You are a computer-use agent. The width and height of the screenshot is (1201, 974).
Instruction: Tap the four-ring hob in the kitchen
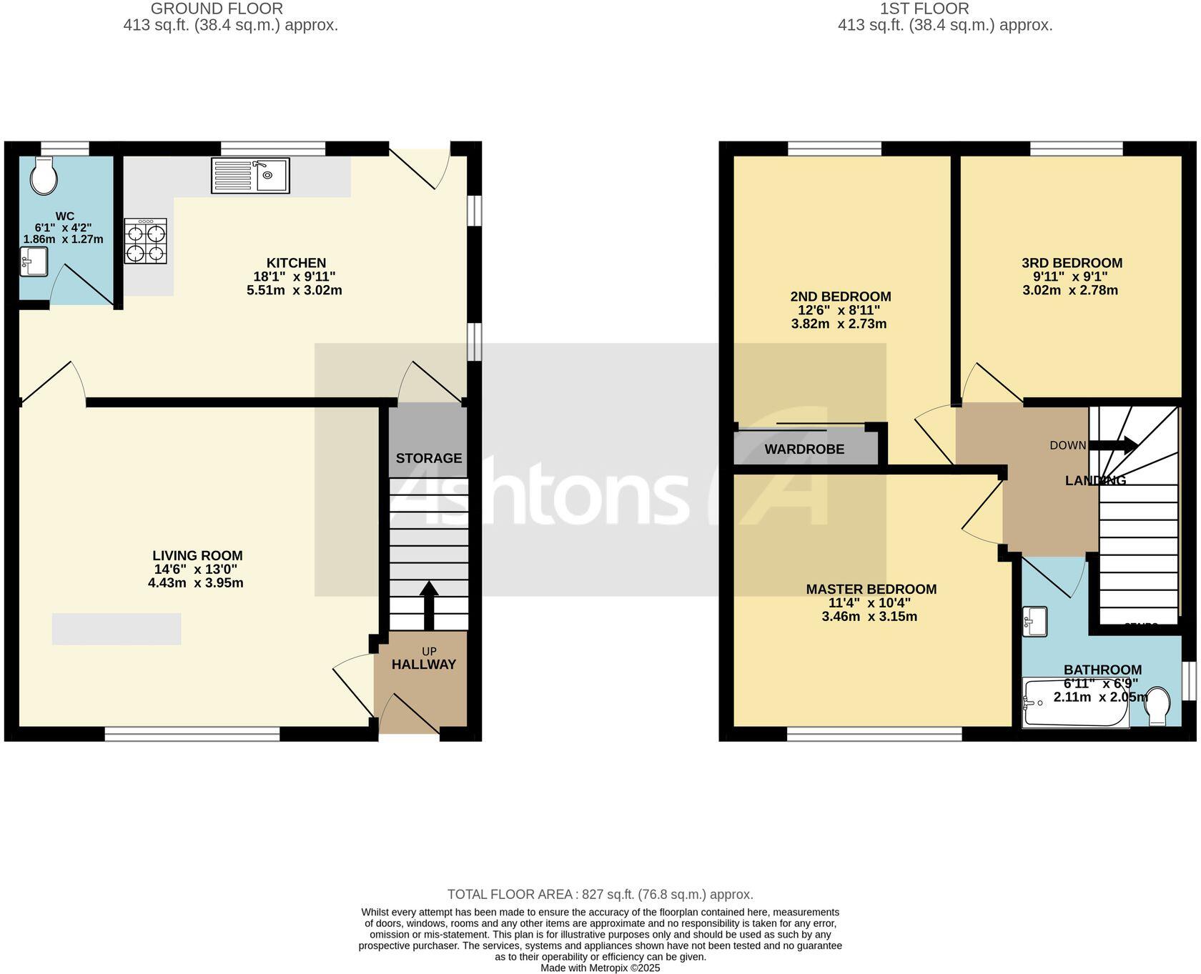pos(145,241)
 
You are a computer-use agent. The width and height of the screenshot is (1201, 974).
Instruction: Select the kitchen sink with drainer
pos(250,176)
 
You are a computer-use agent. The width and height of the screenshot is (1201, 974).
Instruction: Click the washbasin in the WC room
pos(34,262)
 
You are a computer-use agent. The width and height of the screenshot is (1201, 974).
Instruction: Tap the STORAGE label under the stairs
pos(429,458)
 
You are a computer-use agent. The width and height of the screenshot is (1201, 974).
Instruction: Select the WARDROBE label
pos(804,449)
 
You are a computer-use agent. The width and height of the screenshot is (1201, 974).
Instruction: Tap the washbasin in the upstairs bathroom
pos(1035,621)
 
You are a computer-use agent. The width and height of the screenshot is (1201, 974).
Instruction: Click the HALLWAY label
pos(424,664)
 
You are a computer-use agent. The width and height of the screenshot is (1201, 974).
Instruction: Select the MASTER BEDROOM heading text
pos(871,589)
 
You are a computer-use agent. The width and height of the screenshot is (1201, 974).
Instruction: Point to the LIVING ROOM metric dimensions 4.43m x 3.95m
pos(196,582)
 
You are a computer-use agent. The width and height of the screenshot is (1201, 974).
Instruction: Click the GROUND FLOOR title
pos(217,9)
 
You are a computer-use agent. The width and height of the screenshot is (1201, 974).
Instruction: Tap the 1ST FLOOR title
pos(924,9)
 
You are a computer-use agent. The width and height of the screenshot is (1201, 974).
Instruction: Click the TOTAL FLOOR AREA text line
pos(600,894)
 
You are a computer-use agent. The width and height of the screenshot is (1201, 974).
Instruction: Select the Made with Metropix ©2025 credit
pos(600,968)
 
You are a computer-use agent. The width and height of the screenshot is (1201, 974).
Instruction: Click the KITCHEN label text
pos(296,263)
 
